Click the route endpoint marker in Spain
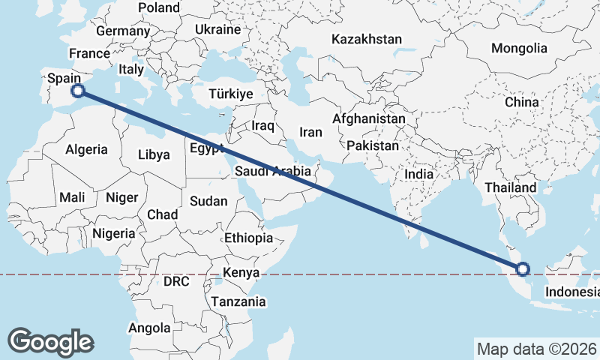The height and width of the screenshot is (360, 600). tap(77, 91)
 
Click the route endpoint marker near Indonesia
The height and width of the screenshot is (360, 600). tap(523, 268)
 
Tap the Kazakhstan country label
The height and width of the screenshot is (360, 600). tap(367, 39)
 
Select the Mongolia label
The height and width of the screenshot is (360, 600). tap(519, 49)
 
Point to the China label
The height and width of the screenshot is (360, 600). tap(522, 102)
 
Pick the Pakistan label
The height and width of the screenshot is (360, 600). tap(373, 145)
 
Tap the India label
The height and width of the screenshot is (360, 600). tap(418, 174)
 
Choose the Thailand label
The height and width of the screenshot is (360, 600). tap(511, 187)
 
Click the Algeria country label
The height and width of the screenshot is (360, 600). tap(86, 149)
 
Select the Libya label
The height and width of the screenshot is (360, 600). tap(154, 155)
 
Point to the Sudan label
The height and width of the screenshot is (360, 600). tap(203, 201)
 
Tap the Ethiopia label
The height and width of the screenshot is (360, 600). tap(249, 238)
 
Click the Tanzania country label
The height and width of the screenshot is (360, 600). tap(238, 301)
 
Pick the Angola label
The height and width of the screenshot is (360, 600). tap(150, 328)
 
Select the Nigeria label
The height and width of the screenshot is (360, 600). tap(114, 233)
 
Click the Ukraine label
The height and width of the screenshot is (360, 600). tap(217, 29)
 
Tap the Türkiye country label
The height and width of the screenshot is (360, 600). tap(231, 94)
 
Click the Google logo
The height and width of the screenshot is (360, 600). tap(50, 341)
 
